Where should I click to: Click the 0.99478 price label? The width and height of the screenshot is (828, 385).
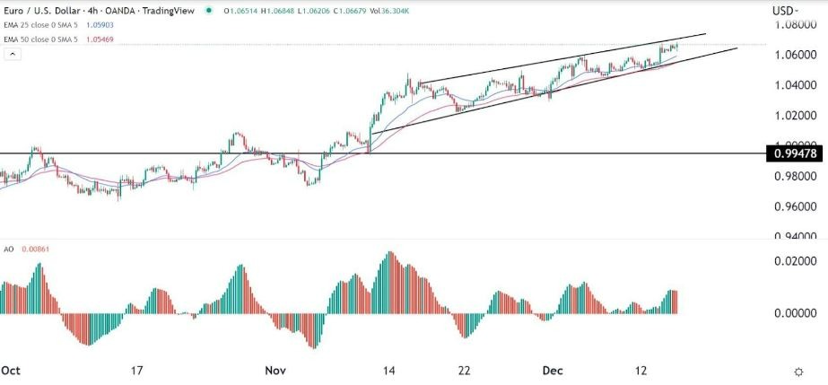(793, 153)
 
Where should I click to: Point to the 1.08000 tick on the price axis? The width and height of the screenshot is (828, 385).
(793, 26)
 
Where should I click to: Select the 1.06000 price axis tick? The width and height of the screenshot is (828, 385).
(793, 56)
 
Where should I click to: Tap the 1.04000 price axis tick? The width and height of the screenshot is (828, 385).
(793, 86)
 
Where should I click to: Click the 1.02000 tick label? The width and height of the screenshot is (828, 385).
(793, 117)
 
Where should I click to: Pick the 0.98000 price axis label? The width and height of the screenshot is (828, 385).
(793, 177)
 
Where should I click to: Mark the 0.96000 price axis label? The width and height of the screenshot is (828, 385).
(793, 207)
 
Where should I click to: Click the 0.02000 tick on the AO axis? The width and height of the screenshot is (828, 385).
(793, 260)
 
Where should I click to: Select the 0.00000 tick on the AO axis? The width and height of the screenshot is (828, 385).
(793, 313)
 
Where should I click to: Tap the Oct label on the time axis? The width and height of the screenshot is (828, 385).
(11, 370)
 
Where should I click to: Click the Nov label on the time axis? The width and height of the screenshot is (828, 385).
(275, 370)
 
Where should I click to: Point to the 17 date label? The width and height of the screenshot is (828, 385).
(136, 370)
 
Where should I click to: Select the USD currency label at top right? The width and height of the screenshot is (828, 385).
(784, 11)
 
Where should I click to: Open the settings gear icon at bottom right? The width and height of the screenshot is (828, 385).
(797, 371)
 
